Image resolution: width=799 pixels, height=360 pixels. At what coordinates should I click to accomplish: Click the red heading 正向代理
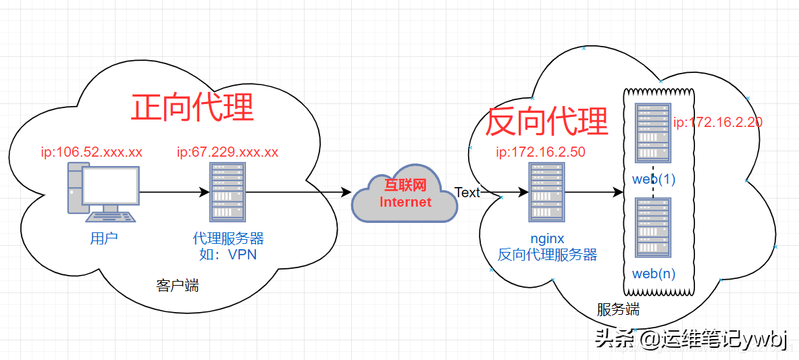point(192,107)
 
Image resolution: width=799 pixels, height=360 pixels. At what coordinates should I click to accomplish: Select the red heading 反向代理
point(547,122)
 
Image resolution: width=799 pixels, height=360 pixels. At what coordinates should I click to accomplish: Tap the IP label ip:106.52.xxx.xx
point(92,152)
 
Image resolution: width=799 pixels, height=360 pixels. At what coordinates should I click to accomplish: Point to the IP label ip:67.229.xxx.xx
point(228,152)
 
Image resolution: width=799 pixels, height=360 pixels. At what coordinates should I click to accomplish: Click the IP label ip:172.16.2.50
point(540,152)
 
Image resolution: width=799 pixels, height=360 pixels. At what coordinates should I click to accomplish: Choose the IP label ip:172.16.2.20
point(718,122)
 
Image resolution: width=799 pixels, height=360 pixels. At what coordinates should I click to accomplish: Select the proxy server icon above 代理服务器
point(228,192)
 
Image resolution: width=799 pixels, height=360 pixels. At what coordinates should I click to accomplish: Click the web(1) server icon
point(653,133)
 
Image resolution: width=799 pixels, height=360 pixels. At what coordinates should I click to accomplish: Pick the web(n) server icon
point(653,228)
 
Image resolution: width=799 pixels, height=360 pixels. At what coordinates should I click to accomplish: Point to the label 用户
point(104,238)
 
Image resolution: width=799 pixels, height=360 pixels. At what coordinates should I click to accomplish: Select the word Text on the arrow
point(467,192)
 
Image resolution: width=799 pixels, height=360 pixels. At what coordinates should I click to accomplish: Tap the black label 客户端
point(178,286)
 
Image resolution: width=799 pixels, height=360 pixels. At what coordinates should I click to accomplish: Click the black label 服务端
point(618,310)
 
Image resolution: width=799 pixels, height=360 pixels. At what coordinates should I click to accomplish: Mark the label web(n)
point(653,274)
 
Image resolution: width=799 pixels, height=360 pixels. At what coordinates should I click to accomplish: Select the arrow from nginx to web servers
point(593,193)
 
